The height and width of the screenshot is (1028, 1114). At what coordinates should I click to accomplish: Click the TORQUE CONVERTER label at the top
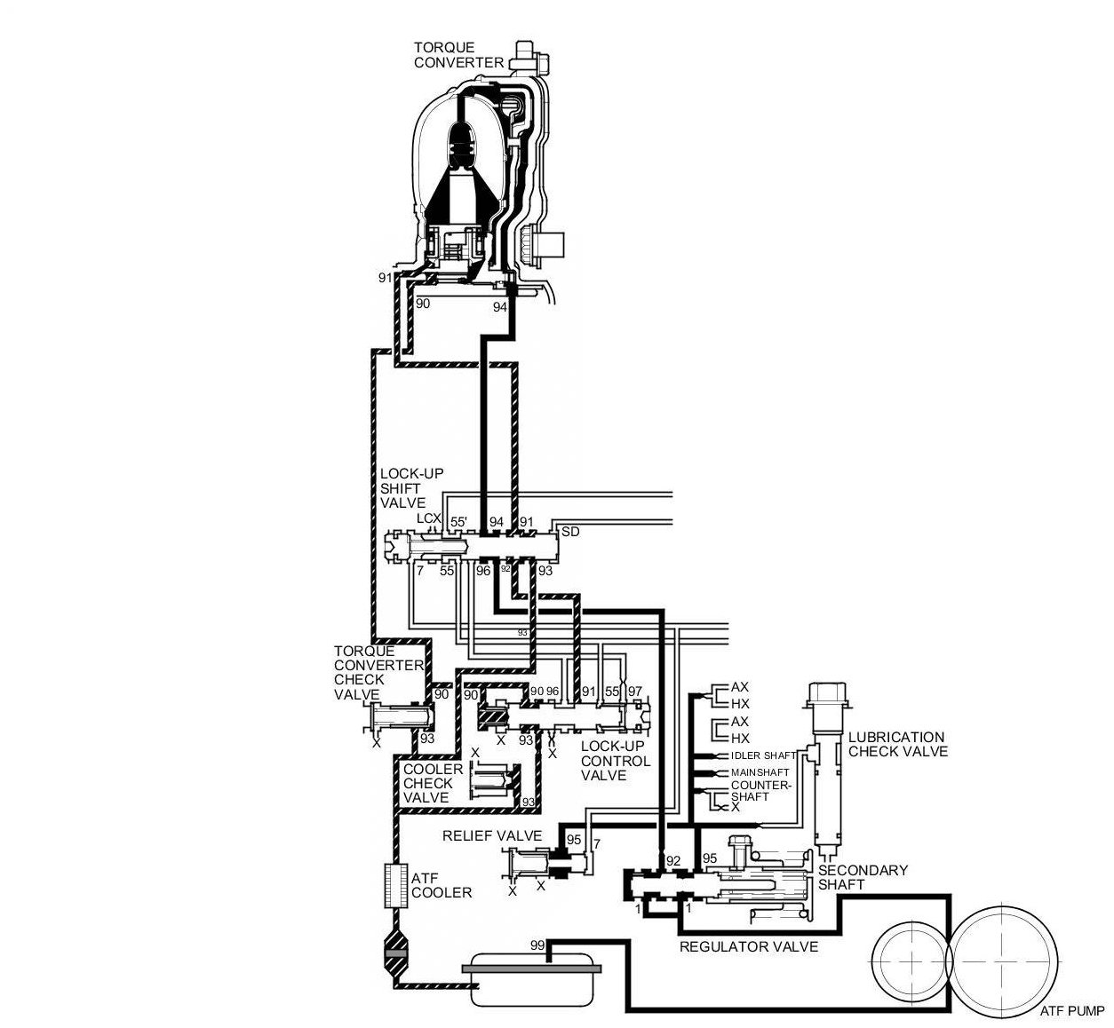(458, 54)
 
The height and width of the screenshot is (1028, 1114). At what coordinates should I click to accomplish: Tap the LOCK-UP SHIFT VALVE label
(401, 488)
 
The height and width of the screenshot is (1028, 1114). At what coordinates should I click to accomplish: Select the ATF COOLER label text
(441, 885)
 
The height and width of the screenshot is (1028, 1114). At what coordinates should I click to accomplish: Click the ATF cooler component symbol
(394, 885)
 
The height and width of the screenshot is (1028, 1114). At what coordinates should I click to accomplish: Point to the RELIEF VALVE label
(492, 835)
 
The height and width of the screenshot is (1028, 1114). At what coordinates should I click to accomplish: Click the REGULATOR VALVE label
(748, 946)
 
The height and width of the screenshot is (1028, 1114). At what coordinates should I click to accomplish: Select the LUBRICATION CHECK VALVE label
(897, 744)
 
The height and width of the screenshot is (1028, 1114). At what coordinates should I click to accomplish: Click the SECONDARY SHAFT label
(863, 877)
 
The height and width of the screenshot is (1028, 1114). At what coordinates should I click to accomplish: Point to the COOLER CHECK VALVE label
(432, 783)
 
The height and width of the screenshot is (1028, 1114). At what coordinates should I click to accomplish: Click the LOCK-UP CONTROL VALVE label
(615, 761)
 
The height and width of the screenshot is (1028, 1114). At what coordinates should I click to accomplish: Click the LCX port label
(429, 518)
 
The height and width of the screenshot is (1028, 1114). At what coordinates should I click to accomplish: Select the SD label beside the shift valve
(571, 532)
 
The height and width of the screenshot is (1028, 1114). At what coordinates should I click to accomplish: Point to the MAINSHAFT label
(760, 772)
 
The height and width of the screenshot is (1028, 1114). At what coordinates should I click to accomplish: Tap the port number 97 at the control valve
(634, 691)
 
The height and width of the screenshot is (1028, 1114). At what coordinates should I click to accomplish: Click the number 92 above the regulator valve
(673, 859)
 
